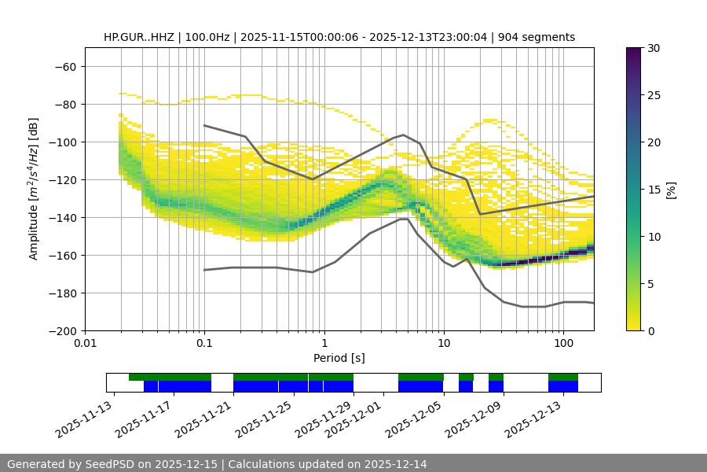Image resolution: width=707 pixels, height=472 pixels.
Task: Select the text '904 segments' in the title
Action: click(x=540, y=37)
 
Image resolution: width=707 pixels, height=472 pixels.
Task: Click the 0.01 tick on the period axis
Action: click(x=85, y=344)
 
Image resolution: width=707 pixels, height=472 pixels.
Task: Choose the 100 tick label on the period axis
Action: click(x=563, y=344)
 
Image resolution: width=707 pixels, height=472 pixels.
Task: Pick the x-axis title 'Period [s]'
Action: click(x=339, y=358)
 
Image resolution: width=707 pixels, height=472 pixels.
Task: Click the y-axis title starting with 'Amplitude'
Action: click(x=34, y=190)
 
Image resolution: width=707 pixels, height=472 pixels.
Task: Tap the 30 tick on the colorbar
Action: click(x=653, y=48)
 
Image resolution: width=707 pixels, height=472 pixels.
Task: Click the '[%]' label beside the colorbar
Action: click(x=671, y=190)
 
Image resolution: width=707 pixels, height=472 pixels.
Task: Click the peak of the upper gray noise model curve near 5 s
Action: click(x=404, y=135)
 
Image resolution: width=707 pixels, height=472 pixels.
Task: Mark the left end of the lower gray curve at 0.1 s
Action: click(x=204, y=271)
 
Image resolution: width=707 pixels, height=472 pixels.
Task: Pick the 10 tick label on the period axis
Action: click(x=443, y=344)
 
